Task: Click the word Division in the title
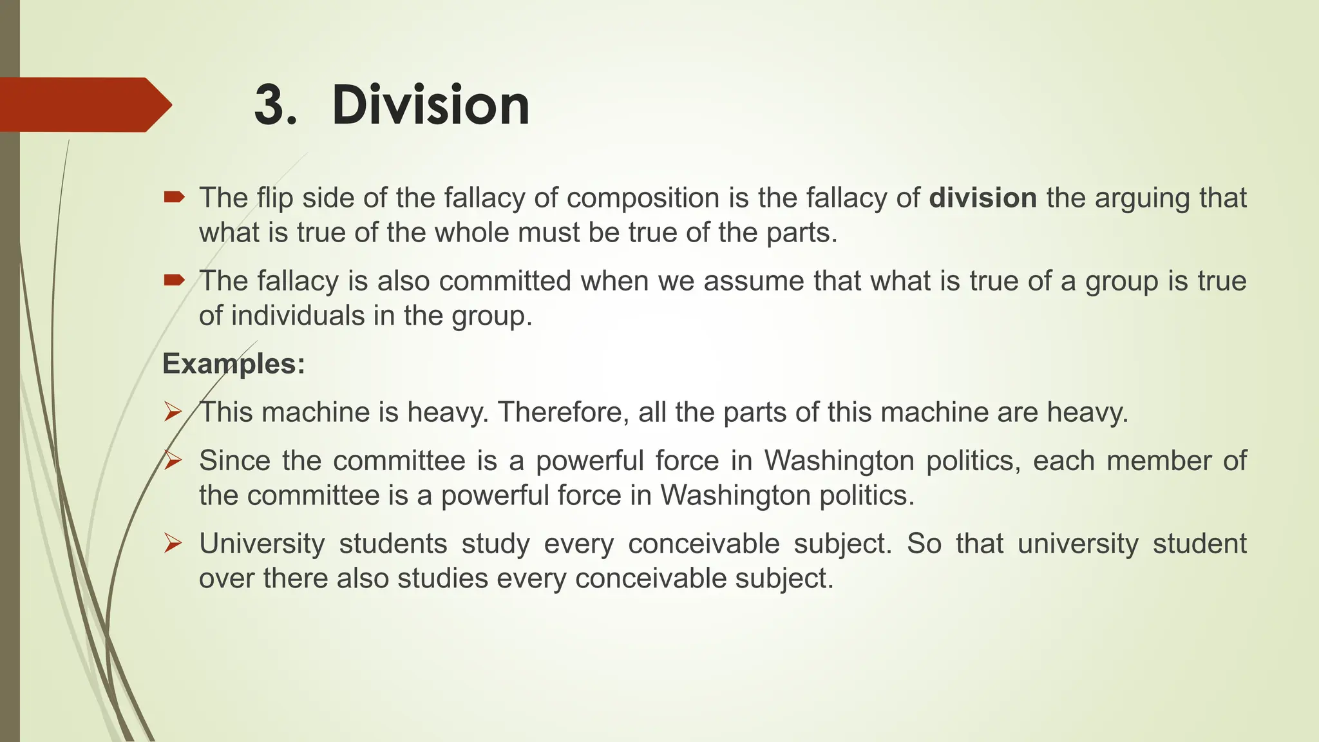(x=430, y=105)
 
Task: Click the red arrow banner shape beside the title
(x=84, y=104)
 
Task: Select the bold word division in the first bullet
(x=983, y=198)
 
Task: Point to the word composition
(x=643, y=198)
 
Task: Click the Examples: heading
(x=234, y=364)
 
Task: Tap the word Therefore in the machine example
(x=563, y=412)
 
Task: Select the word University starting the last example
(x=261, y=544)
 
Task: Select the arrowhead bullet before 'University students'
(x=173, y=543)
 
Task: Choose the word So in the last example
(x=924, y=544)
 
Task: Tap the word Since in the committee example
(x=234, y=461)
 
